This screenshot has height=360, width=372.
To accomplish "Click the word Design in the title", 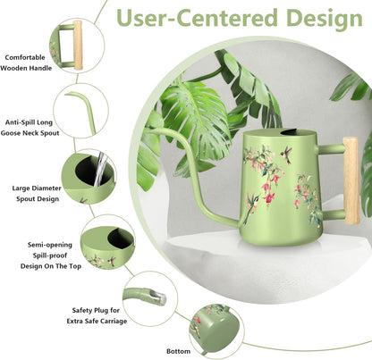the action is coord(325,18).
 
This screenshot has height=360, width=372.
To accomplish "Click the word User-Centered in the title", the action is coord(198,18).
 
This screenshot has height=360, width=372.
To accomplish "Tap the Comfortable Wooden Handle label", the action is coord(26,63).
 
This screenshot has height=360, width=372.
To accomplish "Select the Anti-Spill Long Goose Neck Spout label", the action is coord(30,128).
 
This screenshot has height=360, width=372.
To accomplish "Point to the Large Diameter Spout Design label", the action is coord(37,194).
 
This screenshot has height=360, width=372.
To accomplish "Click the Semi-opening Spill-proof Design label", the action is coord(51,255).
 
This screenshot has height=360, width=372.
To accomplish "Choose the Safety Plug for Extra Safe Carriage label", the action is coord(97,315).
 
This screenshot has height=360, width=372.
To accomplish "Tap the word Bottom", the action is coord(178,351).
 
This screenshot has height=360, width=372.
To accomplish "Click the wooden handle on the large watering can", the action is coord(351,180).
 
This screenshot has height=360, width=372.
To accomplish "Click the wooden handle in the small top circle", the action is coord(78,46).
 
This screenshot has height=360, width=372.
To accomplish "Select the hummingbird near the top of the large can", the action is coord(286,155).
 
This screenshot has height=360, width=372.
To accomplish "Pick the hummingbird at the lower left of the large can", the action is coord(250,207).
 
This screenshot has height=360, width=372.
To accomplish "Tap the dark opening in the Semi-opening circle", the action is coord(120,238).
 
